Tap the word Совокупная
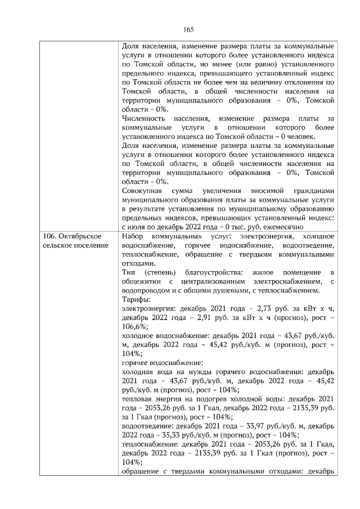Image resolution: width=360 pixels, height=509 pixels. tap(143, 191)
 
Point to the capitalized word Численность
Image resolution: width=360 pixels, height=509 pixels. tap(143, 119)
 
